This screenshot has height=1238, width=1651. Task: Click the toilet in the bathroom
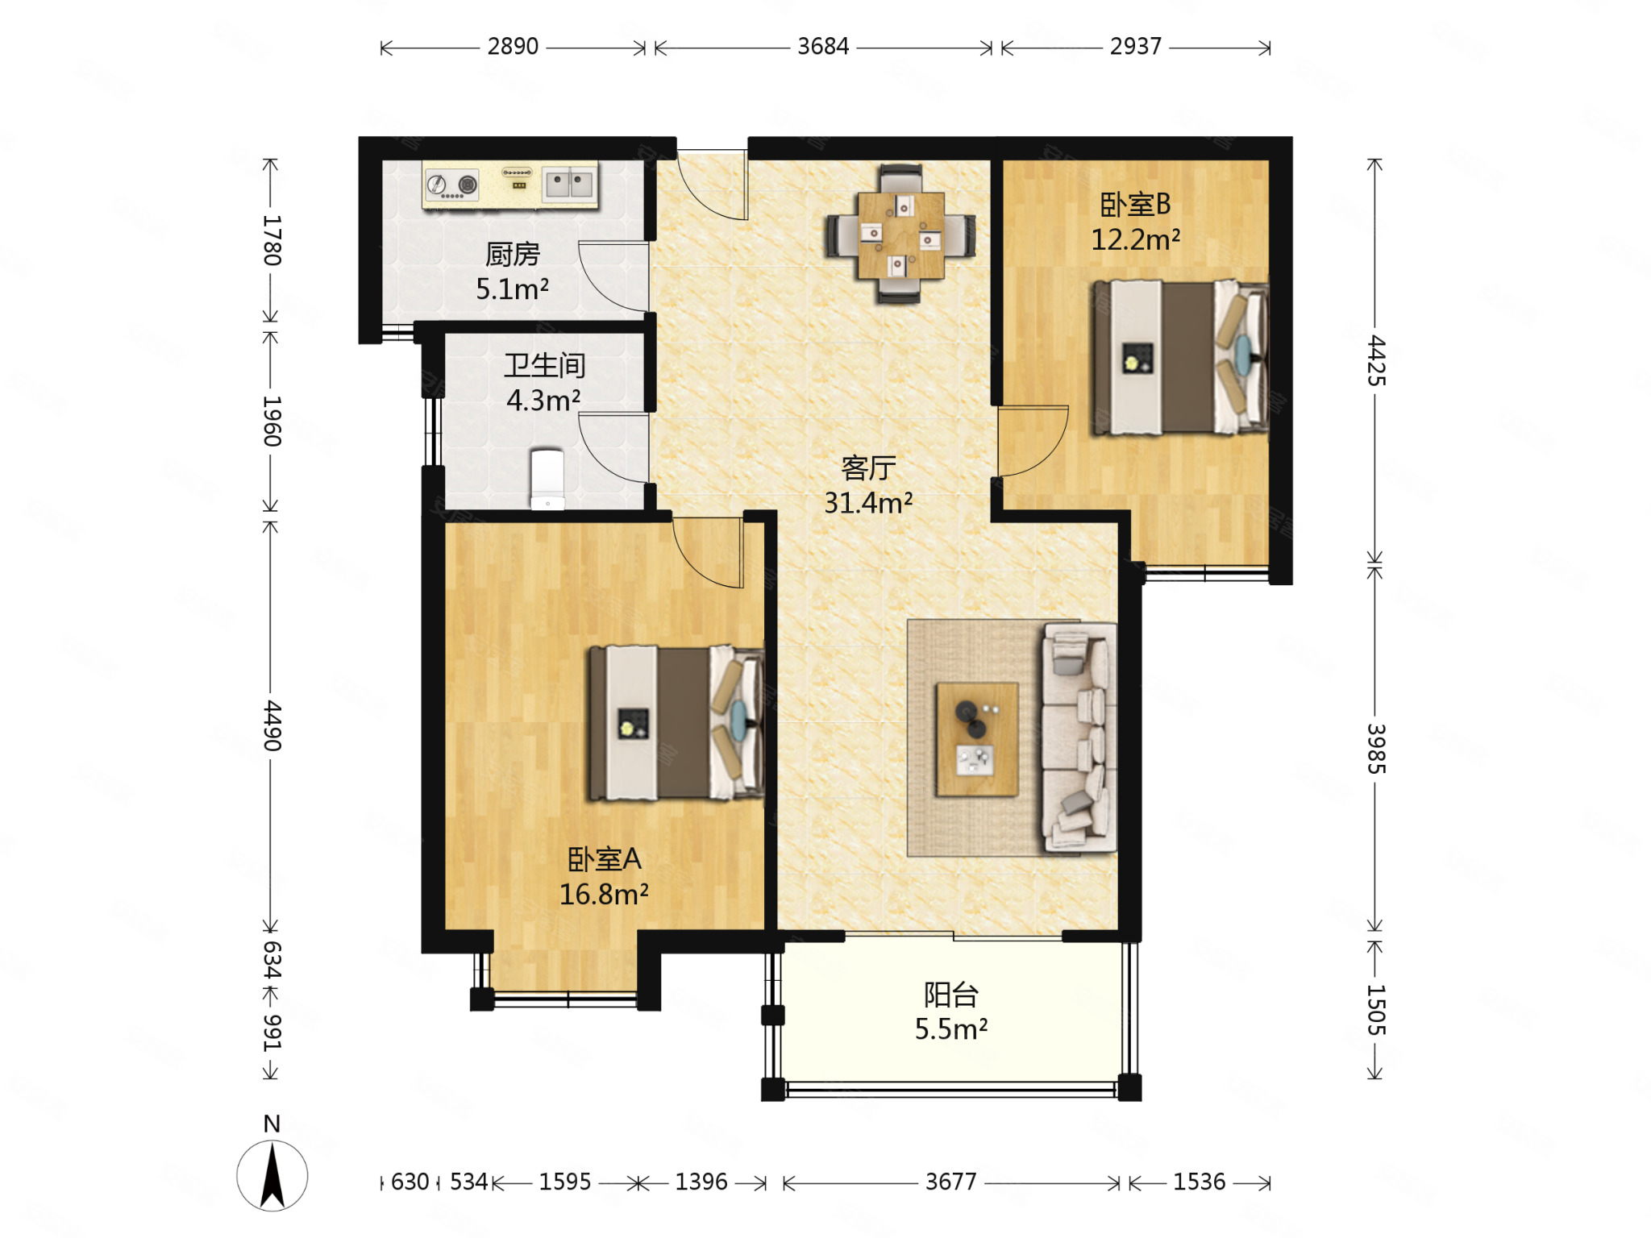547,480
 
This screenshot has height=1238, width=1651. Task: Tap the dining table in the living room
900,235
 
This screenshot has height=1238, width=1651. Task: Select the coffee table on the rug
977,739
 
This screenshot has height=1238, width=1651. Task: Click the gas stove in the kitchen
451,185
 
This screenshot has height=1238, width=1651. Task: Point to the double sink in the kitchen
569,184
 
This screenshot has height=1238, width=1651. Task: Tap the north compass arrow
272,1176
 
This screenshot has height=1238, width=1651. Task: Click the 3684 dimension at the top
823,47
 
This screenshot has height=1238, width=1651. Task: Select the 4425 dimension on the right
1376,360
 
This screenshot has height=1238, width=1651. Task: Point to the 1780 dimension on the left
272,240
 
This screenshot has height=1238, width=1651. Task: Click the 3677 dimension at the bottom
950,1182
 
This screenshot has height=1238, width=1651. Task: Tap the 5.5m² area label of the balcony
951,1029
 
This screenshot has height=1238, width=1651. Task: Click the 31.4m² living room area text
868,503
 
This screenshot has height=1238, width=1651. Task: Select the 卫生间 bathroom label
545,365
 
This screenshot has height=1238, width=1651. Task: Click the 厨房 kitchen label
513,254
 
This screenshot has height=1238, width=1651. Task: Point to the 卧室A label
605,859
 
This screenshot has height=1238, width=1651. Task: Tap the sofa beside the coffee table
1079,737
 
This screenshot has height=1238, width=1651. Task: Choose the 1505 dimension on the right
1376,1010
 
